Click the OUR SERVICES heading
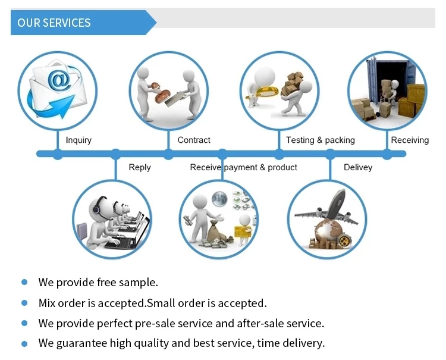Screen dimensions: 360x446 54,23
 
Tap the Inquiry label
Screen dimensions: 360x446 78,140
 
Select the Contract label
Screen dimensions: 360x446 194,140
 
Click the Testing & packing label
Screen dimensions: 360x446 320,140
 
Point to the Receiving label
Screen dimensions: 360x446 410,140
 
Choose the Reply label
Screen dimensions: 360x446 140,168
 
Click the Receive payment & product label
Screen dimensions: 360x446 243,168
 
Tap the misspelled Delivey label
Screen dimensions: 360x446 358,168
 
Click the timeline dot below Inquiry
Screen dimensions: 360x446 58,154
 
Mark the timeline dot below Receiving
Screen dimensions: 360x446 387,154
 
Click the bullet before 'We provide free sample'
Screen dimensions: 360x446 24,283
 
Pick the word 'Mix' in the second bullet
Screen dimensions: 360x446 48,303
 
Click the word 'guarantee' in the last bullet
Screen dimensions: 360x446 80,343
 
